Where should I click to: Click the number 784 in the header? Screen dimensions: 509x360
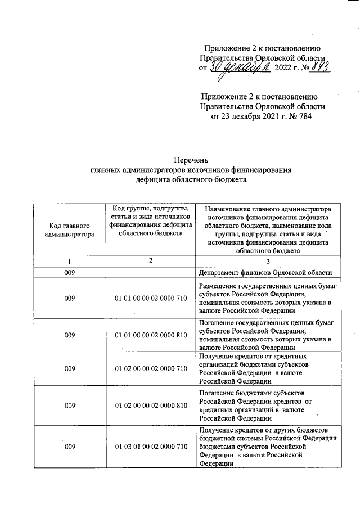304,117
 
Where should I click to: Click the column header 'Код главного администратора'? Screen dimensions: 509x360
70,229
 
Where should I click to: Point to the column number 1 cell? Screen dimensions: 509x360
70,262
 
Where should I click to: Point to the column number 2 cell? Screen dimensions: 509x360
150,262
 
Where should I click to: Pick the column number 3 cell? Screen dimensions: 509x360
268,262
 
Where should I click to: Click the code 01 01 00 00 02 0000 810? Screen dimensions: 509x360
150,335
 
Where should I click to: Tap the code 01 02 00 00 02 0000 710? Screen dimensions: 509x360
150,369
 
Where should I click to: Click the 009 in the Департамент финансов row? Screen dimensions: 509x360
70,273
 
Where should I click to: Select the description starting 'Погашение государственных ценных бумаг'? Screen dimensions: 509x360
268,335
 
